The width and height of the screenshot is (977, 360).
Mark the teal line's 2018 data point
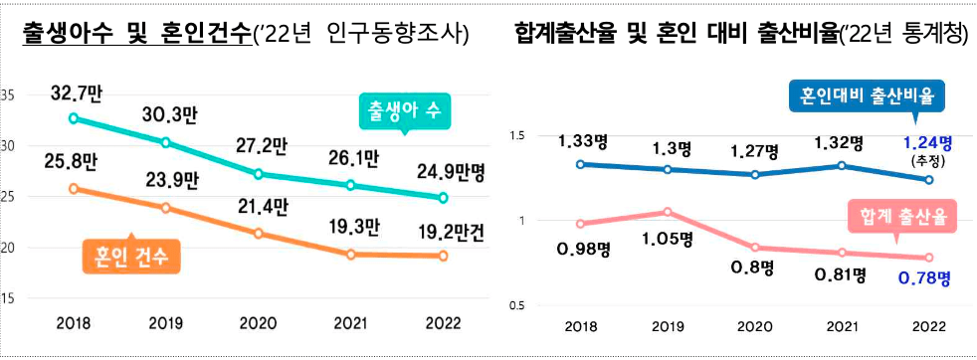coord(74,118)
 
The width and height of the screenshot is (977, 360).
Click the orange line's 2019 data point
coord(166,208)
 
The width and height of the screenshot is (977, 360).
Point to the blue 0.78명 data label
coord(925,275)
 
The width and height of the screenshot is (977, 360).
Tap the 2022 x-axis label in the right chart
coord(928,324)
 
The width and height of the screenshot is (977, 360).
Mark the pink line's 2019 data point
coord(669,212)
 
